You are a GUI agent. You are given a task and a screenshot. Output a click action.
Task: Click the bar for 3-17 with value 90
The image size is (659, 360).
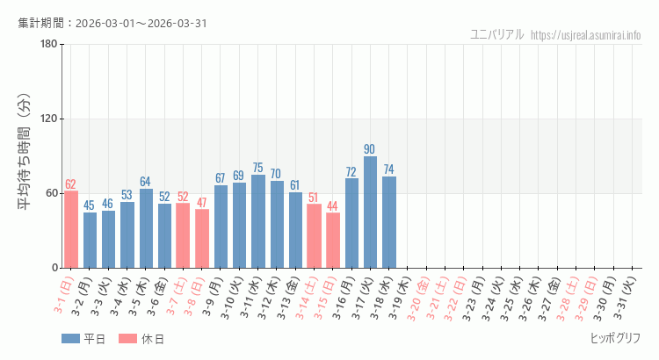pyautogui.click(x=370, y=212)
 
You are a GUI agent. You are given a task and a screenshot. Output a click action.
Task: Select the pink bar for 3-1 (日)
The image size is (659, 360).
pyautogui.click(x=71, y=229)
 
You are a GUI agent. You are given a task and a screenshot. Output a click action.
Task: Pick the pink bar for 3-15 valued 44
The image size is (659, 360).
pyautogui.click(x=333, y=241)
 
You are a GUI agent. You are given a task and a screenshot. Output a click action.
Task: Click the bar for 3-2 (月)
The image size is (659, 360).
pyautogui.click(x=90, y=240)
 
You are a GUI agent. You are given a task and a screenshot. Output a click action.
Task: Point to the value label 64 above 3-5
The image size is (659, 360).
pyautogui.click(x=145, y=182)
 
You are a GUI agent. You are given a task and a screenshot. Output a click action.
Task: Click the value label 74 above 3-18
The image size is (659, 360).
pyautogui.click(x=388, y=169)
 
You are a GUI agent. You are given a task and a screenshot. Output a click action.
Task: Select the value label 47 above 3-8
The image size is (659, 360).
pyautogui.click(x=201, y=203)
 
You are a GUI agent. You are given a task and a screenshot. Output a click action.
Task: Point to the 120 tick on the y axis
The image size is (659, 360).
pyautogui.click(x=48, y=119)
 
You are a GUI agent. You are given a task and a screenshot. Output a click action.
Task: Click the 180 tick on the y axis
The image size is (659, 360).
pyautogui.click(x=48, y=45)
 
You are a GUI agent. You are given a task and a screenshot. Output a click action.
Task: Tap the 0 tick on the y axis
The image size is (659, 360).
pyautogui.click(x=54, y=268)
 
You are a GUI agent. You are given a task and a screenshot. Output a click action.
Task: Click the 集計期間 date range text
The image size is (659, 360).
pyautogui.click(x=112, y=23)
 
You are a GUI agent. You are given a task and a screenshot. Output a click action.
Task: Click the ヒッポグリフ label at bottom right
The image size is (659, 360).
pyautogui.click(x=614, y=338)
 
